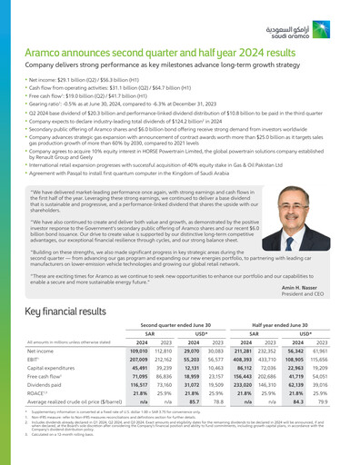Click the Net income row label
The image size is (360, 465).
click(x=40, y=349)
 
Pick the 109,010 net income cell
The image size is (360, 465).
click(x=139, y=349)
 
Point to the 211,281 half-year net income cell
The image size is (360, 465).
click(x=243, y=349)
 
